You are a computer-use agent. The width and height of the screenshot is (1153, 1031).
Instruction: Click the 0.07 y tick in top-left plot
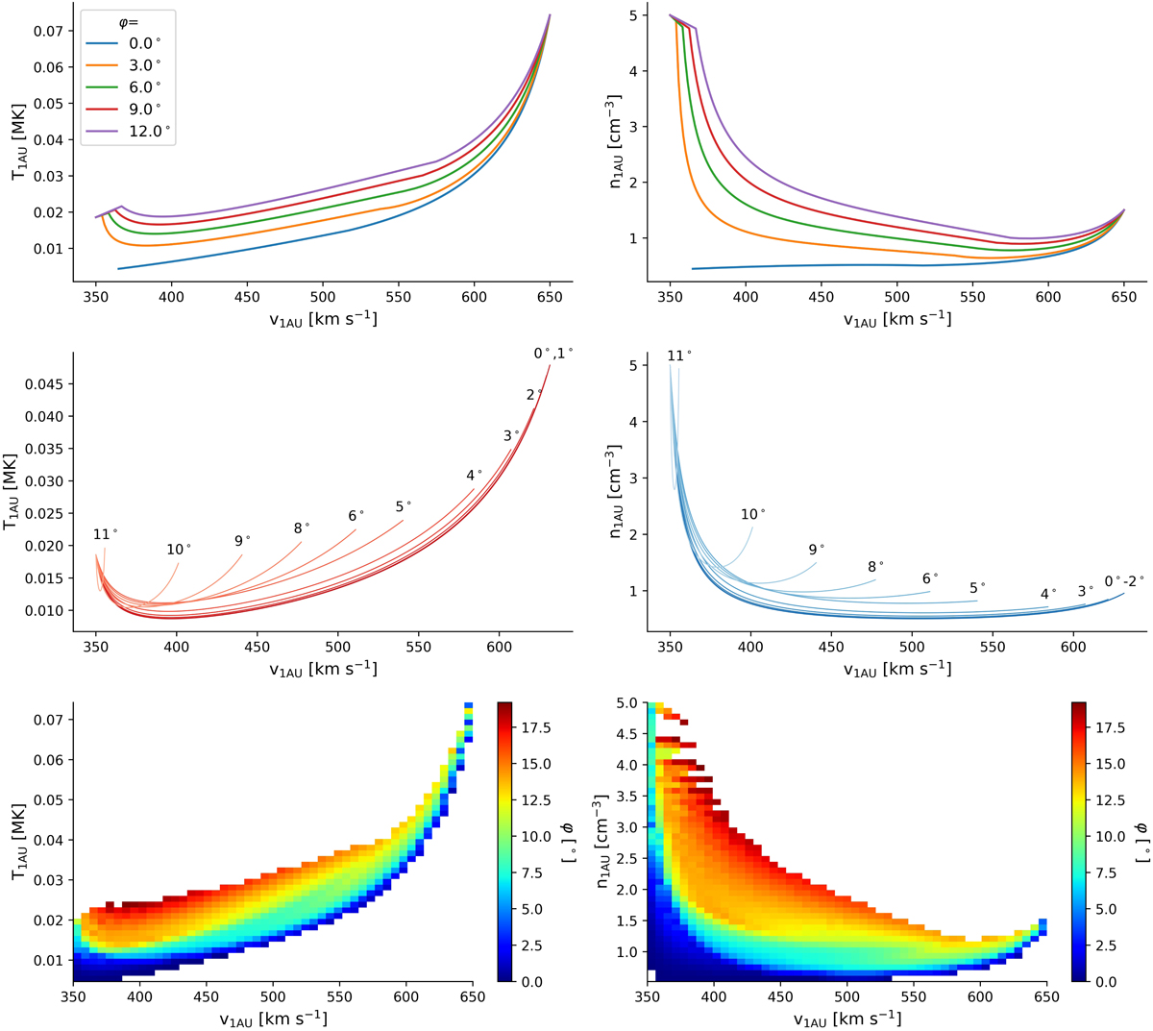coord(47,32)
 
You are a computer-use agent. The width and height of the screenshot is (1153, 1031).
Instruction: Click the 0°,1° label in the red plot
coord(553,354)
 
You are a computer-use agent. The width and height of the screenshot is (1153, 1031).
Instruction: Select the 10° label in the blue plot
coord(753,515)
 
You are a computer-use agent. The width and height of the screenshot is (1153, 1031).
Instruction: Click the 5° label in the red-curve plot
coord(404,506)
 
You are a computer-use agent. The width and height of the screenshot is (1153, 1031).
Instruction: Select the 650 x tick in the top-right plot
coord(1123,298)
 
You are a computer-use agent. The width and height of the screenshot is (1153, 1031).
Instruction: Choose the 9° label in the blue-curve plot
coord(817,550)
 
